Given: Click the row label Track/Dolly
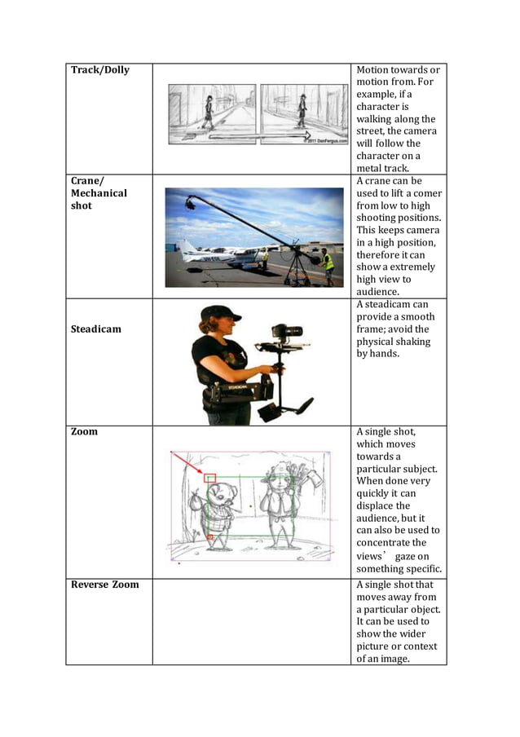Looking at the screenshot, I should point(100,70).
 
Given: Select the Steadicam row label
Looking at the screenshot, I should point(96,329).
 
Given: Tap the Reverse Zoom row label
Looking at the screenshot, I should point(103,585).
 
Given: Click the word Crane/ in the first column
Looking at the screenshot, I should point(88,181).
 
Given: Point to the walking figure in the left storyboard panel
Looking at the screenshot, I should point(208,112).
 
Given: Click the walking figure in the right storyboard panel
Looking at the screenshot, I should point(301,112).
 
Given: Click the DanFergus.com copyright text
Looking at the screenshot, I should point(323,140).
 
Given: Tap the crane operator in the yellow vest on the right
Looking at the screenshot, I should point(327,266).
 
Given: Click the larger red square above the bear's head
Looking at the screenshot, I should point(210,478).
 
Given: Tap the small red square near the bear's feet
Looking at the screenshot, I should point(209,537).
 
